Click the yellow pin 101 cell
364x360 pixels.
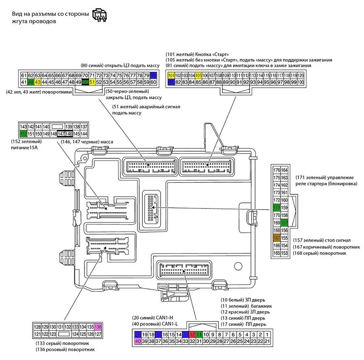[x=171, y=76]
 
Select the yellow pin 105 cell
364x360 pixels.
[x=198, y=76]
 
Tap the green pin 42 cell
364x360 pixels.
[x=31, y=82]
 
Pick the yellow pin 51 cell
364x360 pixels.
[x=92, y=82]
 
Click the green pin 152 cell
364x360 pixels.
[x=23, y=134]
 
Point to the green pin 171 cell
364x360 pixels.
[x=277, y=208]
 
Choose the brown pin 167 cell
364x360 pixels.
[x=277, y=238]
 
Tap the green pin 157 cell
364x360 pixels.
[x=284, y=223]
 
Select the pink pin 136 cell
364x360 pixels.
[x=98, y=326]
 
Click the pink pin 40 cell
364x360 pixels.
[x=138, y=341]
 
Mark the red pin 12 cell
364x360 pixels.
[x=193, y=335]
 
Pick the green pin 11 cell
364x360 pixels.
[x=199, y=335]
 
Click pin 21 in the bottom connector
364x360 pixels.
[x=268, y=341]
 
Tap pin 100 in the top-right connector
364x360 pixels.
[x=301, y=82]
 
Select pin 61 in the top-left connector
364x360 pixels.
[x=23, y=76]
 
